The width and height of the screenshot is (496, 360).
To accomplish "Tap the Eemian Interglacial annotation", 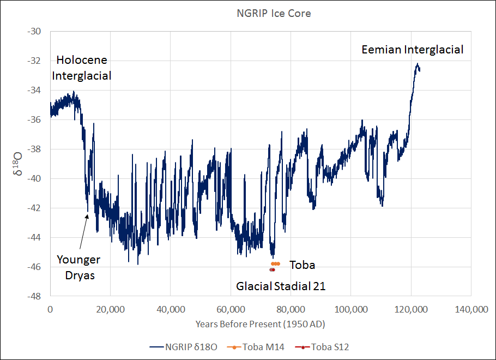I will click(413, 50).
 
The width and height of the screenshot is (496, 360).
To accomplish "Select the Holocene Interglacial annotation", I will click(82, 68).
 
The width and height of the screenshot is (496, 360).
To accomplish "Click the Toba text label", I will click(302, 265).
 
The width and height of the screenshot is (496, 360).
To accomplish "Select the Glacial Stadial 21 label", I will click(280, 286).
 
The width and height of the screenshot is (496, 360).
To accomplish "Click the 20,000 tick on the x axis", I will click(110, 309).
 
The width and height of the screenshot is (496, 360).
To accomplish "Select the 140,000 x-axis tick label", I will click(470, 309).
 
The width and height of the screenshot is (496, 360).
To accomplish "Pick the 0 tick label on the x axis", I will click(50, 309).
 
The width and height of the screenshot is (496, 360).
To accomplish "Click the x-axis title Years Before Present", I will click(261, 324).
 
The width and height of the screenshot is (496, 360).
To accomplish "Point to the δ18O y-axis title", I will click(17, 163).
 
